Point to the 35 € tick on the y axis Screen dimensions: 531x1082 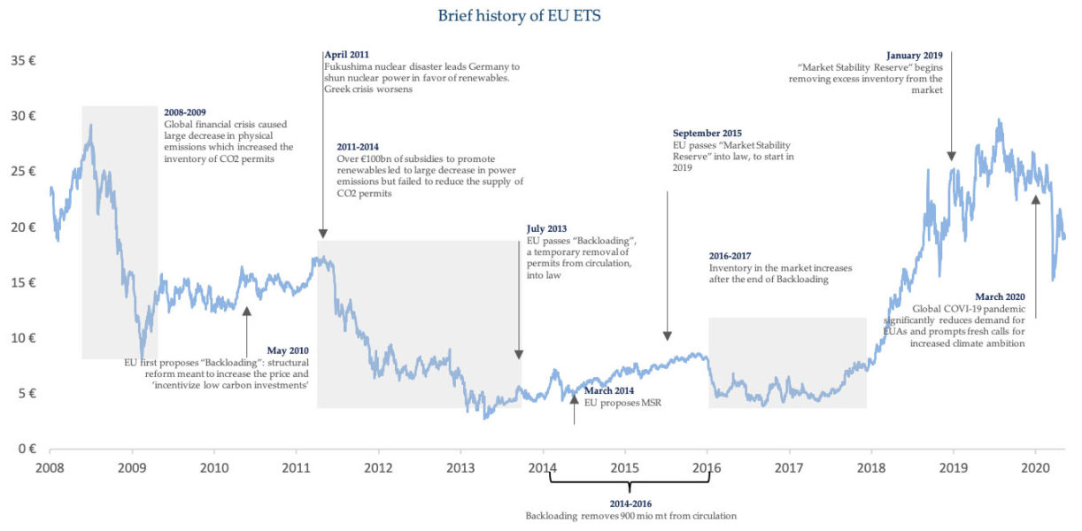(x=24, y=61)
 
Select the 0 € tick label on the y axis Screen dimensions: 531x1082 (x=27, y=449)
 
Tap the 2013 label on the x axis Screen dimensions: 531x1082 (x=460, y=467)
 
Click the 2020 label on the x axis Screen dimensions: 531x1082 (x=1035, y=467)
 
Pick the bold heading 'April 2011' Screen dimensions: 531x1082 (x=348, y=55)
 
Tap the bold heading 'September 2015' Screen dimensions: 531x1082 (x=707, y=133)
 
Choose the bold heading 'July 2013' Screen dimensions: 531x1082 (x=547, y=228)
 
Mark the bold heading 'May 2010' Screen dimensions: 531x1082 (x=288, y=350)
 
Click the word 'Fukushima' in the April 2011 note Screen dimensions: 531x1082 (x=348, y=66)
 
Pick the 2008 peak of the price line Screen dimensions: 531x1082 (x=90, y=126)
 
